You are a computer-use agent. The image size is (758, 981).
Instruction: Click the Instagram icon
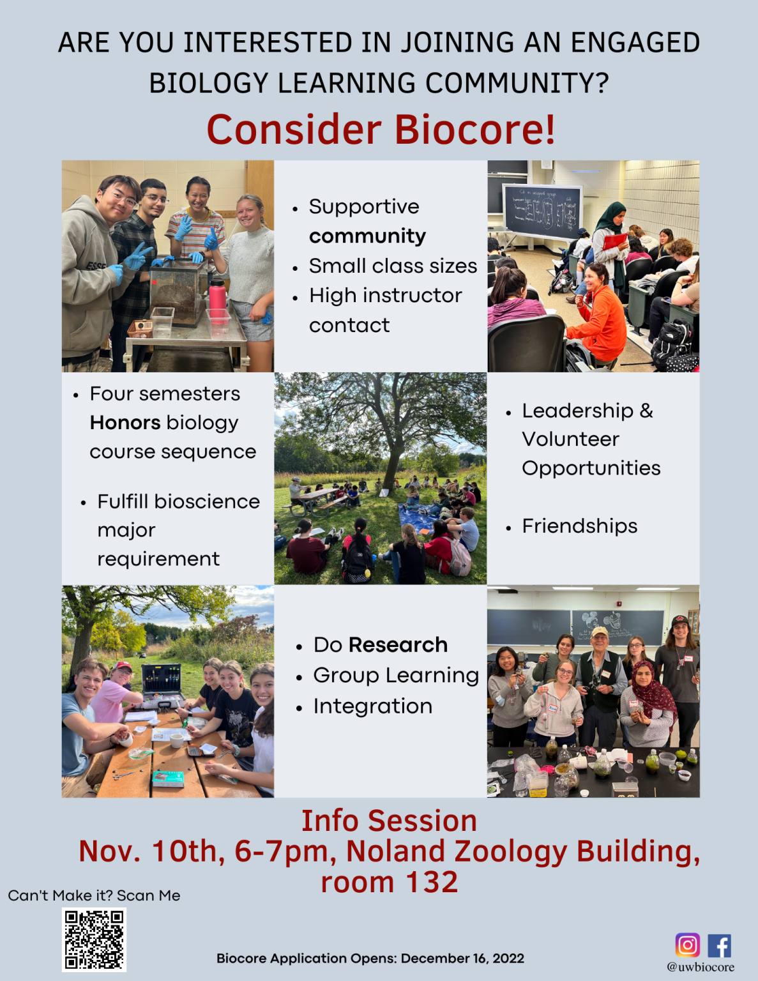[x=687, y=945]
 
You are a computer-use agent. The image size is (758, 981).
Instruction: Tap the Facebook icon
[x=719, y=945]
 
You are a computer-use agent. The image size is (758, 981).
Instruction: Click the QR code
[x=94, y=939]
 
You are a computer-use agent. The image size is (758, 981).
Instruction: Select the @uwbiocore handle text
[x=701, y=967]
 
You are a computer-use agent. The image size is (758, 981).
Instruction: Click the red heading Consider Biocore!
[x=381, y=130]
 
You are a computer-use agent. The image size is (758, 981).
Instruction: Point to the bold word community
[x=367, y=236]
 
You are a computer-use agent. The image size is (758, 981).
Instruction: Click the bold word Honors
[x=125, y=423]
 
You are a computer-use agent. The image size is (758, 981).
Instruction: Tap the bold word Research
[x=398, y=645]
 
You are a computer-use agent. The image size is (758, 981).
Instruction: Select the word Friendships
[x=579, y=526]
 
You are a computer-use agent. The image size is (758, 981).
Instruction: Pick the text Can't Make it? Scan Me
[x=94, y=895]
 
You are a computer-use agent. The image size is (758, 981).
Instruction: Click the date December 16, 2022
[x=462, y=958]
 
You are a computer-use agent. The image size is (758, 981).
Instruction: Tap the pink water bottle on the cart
[x=217, y=296]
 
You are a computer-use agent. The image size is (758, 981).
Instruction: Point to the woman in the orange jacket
[x=598, y=313]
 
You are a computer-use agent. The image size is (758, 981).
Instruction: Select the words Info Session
[x=389, y=821]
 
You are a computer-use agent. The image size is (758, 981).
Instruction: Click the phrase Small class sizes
[x=393, y=266]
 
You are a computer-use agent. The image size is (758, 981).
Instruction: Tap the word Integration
[x=372, y=706]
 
